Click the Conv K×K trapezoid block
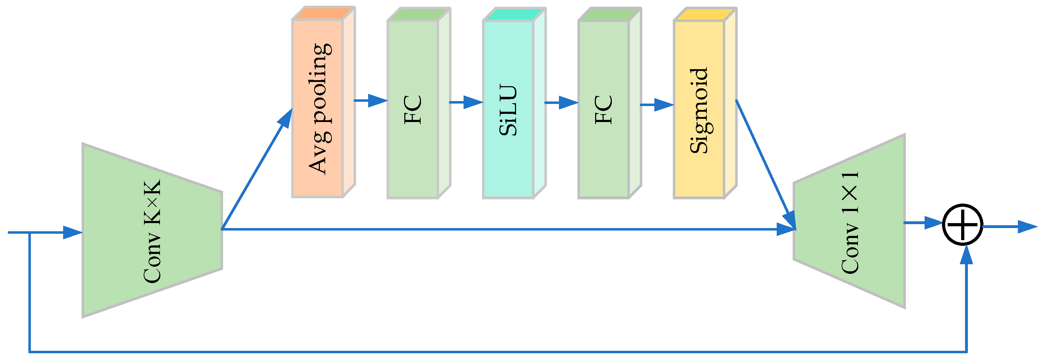[x=152, y=230]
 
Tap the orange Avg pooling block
[x=318, y=109]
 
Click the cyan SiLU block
[x=509, y=109]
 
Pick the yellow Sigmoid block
[x=699, y=109]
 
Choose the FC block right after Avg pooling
[x=413, y=109]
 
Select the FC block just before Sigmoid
[x=604, y=109]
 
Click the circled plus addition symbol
[x=963, y=224]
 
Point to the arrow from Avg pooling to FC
[x=371, y=100]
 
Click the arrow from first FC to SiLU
[x=466, y=102]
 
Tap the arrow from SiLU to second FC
[x=562, y=103]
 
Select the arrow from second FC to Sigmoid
[x=657, y=105]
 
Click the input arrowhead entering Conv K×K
[x=73, y=233]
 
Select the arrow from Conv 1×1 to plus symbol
[x=924, y=222]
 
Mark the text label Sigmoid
[x=699, y=110]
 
